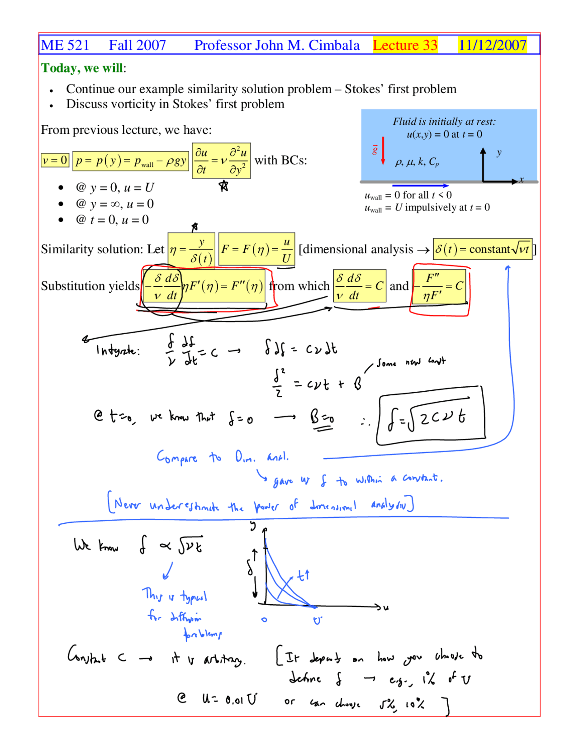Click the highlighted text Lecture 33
(405, 45)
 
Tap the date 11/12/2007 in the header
(492, 45)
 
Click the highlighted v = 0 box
(55, 160)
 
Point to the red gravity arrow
(383, 151)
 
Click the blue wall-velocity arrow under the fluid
(420, 185)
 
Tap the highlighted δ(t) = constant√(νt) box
(482, 249)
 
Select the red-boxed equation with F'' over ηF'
(440, 286)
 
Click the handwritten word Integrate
(118, 350)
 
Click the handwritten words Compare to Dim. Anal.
(222, 457)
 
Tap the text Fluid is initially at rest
(444, 122)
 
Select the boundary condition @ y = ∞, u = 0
(115, 204)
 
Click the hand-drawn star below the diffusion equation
(223, 185)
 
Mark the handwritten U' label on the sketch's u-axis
(318, 621)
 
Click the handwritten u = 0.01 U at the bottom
(229, 700)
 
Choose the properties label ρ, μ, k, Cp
(417, 162)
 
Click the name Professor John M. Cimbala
(277, 45)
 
